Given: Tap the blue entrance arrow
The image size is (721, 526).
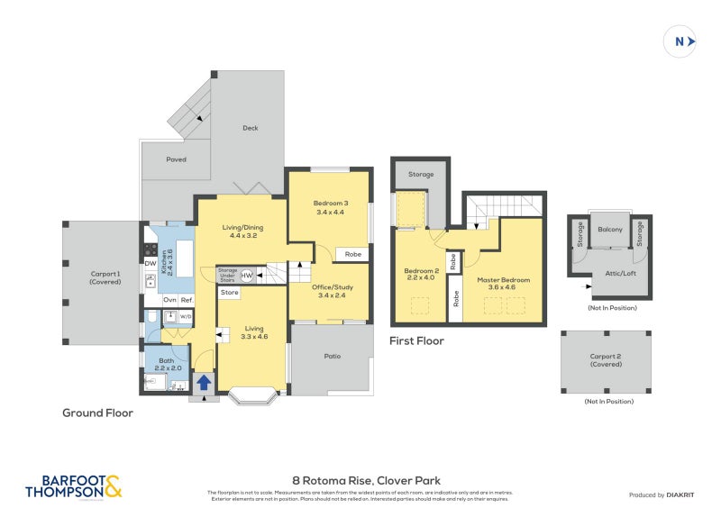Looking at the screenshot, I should (x=204, y=382).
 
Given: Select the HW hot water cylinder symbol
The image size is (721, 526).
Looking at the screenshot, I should (x=247, y=276).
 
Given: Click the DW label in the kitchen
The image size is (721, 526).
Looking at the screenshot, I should (x=151, y=263).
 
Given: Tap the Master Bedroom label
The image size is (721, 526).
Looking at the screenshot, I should (x=503, y=284).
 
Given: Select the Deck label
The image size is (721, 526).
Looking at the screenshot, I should (x=251, y=128).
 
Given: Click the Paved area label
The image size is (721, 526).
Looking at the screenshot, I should (x=176, y=159).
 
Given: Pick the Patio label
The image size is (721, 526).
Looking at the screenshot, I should (x=331, y=356).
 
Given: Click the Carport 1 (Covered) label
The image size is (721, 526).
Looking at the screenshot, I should (x=105, y=277).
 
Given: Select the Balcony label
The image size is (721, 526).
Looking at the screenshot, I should (x=610, y=230).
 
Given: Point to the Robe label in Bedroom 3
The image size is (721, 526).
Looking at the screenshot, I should (x=353, y=255).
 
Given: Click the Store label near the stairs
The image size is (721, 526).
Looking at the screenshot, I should (x=230, y=293).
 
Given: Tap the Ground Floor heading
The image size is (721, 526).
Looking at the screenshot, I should (x=97, y=413).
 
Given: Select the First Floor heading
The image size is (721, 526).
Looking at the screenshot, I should (x=416, y=341).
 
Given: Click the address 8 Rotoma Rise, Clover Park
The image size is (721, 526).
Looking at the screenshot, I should (x=360, y=480).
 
